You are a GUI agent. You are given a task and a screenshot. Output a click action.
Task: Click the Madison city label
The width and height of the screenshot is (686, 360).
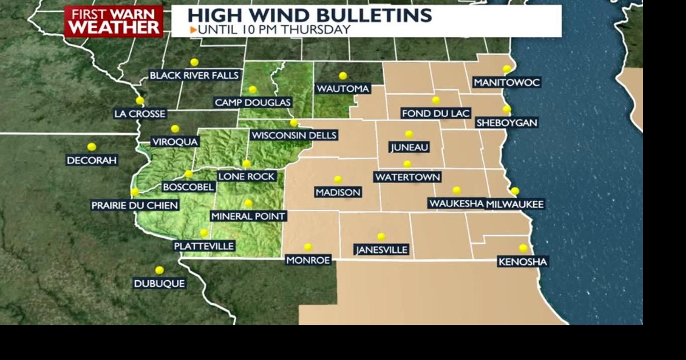coord(338,192)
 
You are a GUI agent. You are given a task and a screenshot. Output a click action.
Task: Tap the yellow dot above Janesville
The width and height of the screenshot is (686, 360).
coord(381,237)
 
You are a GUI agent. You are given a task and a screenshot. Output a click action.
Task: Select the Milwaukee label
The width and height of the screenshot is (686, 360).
coord(515,204)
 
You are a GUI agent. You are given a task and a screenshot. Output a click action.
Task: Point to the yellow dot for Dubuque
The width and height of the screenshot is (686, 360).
coord(159,271)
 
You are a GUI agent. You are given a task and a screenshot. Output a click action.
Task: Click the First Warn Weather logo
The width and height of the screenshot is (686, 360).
coord(113,21)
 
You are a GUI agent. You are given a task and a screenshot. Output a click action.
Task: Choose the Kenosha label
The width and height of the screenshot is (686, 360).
coord(523,261)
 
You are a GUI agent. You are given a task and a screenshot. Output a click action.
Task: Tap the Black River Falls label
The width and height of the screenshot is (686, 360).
coord(194,76)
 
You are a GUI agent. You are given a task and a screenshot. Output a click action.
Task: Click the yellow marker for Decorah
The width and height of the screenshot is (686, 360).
coord(92,147)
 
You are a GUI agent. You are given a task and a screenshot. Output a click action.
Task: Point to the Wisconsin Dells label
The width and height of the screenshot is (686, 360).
coord(294,136)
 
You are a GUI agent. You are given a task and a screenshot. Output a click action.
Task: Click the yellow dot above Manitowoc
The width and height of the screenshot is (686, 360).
coord(506,69)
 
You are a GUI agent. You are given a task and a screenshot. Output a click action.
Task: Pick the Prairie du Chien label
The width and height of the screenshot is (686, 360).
coord(135,205)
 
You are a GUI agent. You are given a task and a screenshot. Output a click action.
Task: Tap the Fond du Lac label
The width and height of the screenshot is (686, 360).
coord(436,113)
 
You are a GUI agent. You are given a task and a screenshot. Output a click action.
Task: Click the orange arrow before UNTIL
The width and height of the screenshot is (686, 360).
coord(193,30)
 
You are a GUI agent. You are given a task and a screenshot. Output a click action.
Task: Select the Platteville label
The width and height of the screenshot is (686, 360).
coord(204,246)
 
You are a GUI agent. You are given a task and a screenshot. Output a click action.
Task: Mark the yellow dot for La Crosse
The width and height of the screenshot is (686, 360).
coord(140,100)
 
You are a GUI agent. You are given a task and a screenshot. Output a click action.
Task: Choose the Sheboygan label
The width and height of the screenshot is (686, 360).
coord(506,123)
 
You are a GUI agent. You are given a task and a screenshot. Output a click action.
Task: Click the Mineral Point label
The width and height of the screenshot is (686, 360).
coord(249,216)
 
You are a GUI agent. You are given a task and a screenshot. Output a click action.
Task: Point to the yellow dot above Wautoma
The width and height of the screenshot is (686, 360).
coord(343,76)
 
